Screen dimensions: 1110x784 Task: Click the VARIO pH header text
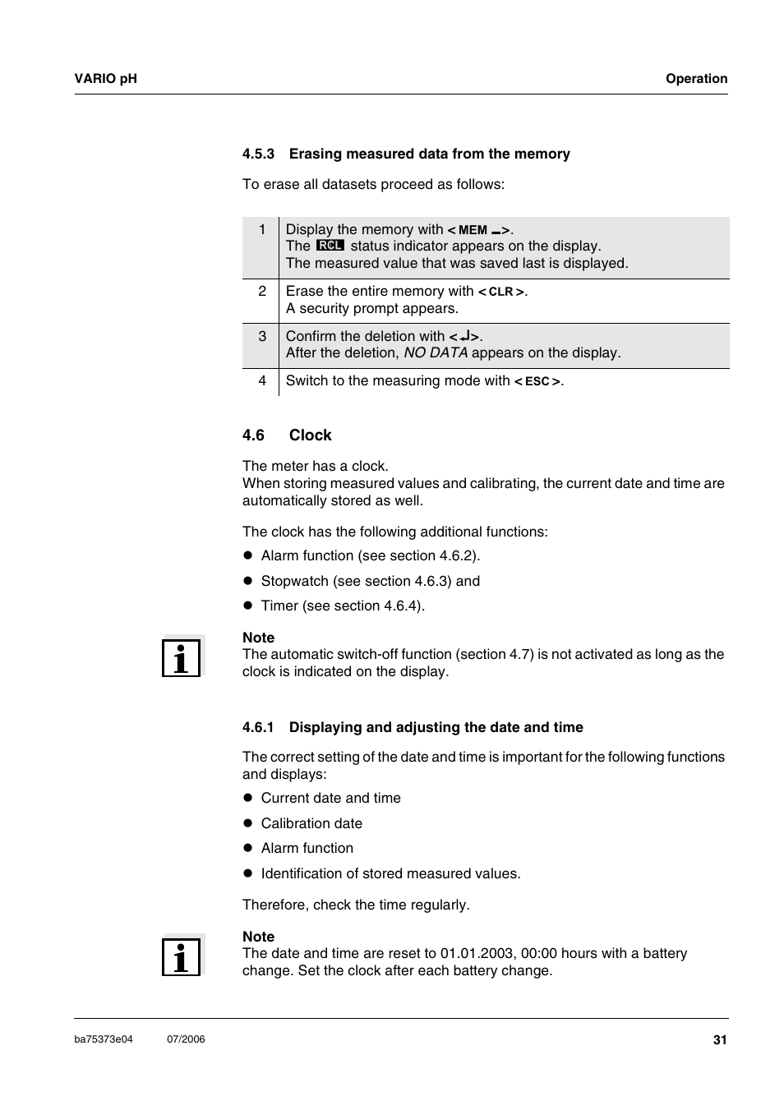[x=105, y=79]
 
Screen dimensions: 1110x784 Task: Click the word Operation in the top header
[x=696, y=79]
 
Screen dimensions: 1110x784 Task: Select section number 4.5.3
[x=258, y=154]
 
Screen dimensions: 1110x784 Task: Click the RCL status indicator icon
[x=330, y=246]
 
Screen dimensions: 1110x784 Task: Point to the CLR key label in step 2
[x=501, y=292]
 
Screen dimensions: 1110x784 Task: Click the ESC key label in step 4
[x=537, y=381]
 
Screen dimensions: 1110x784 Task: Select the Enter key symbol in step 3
[x=464, y=336]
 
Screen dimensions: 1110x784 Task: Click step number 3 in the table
[x=262, y=336]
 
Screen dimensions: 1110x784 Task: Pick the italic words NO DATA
[x=435, y=352]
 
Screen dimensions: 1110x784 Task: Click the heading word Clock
[x=310, y=435]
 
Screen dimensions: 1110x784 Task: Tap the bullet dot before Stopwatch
[x=247, y=581]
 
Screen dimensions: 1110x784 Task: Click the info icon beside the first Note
[x=181, y=656]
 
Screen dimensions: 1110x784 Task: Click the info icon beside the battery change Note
[x=181, y=956]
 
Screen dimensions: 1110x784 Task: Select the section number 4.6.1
[x=258, y=727]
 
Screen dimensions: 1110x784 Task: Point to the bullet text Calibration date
[x=311, y=823]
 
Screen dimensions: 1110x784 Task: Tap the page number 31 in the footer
[x=720, y=1040]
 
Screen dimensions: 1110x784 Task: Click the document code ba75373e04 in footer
[x=104, y=1039]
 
